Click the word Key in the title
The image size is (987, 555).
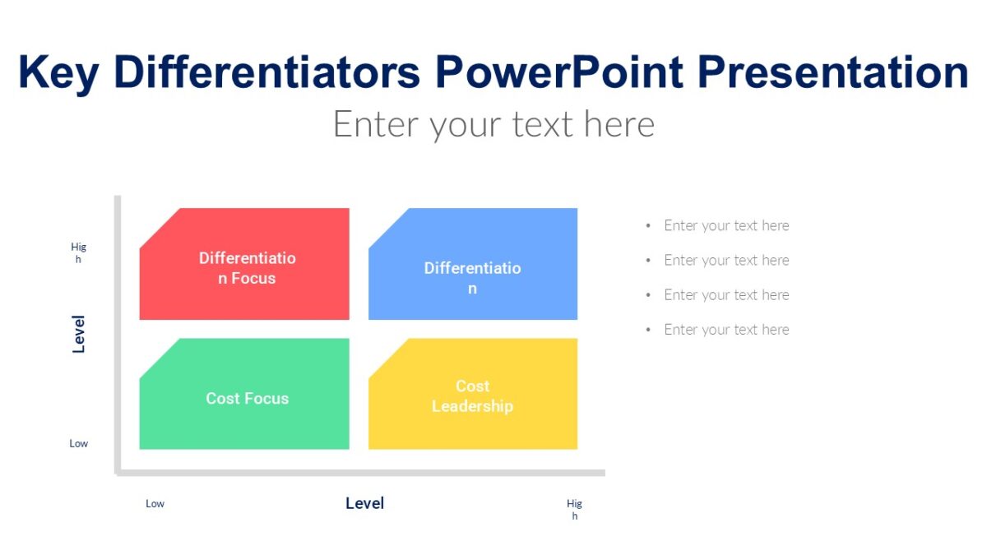point(58,72)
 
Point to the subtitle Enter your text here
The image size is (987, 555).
point(493,124)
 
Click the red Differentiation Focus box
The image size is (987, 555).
point(246,268)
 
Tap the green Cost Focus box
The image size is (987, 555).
point(246,398)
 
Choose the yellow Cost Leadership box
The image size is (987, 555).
point(472,395)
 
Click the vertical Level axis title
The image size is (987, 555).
point(79,334)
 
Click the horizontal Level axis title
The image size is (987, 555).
point(364,503)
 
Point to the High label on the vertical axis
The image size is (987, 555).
point(78,252)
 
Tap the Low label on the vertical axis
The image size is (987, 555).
point(78,443)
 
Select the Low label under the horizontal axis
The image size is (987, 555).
point(155,503)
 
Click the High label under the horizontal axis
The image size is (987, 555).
point(574,509)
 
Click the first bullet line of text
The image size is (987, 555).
point(726,225)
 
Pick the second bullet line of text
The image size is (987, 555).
point(726,260)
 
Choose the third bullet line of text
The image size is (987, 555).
point(726,294)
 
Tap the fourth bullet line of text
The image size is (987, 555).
point(726,329)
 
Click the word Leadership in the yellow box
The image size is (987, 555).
point(472,406)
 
